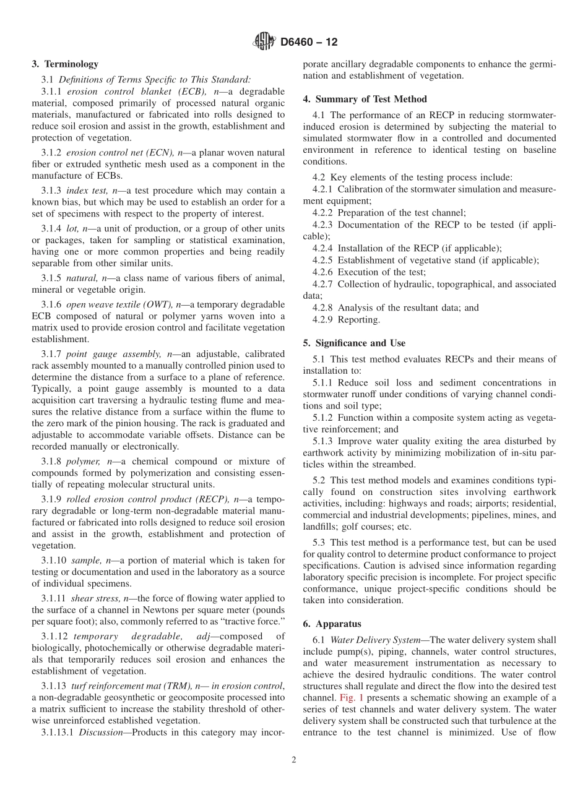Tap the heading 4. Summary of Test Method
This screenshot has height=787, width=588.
pos(365,99)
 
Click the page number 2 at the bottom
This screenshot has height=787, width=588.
pos(294,760)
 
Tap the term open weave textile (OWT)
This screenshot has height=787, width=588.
pos(119,304)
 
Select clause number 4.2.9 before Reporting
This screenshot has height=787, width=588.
pos(322,320)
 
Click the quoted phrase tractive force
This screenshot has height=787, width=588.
pos(254,621)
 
